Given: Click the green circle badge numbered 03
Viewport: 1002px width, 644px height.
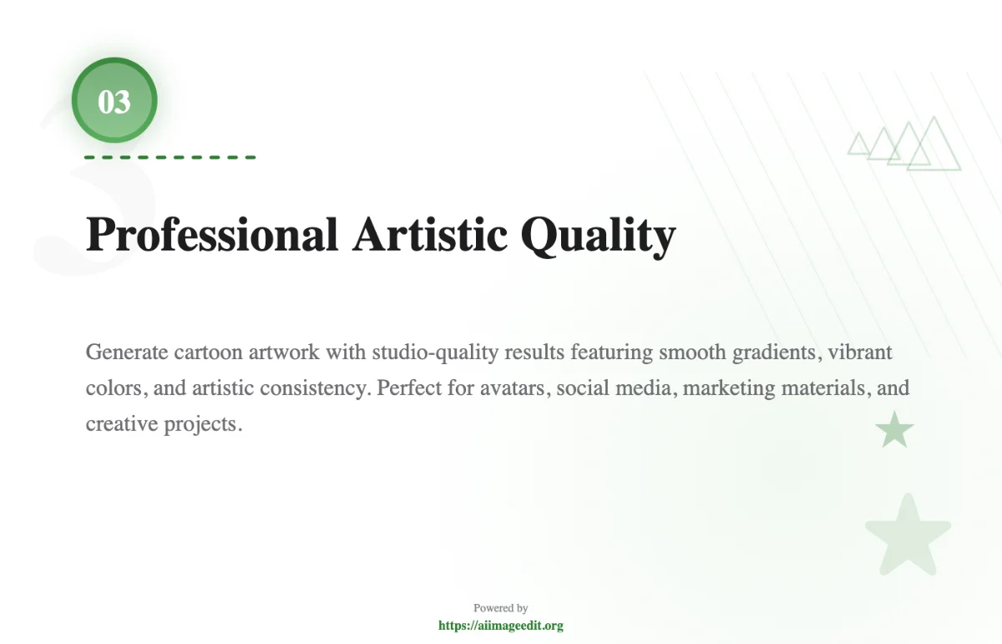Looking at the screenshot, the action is coord(114,100).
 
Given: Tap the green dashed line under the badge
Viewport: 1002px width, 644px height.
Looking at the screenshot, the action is coord(170,157).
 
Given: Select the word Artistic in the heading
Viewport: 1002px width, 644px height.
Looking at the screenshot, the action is coord(429,235).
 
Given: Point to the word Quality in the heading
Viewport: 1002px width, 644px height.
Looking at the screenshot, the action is coord(598,237).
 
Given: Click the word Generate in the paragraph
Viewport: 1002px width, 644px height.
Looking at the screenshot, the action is coord(127,352).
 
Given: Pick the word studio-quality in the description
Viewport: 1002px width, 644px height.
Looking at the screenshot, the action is coord(435,352).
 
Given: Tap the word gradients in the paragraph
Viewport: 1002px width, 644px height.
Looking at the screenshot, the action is coord(777,352).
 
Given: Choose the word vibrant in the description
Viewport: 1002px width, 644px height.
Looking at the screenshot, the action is coord(860,352).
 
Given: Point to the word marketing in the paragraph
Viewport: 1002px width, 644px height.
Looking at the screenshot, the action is coord(729,388).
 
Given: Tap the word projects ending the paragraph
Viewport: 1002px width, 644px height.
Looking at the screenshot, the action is coord(203,424).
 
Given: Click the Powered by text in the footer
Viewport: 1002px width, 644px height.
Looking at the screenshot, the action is coord(500,608).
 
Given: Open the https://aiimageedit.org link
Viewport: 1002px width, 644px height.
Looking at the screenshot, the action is coord(500,625).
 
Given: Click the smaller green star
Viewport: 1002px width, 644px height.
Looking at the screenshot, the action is coord(894,430).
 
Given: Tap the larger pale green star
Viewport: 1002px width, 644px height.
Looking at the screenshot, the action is coord(908,535).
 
